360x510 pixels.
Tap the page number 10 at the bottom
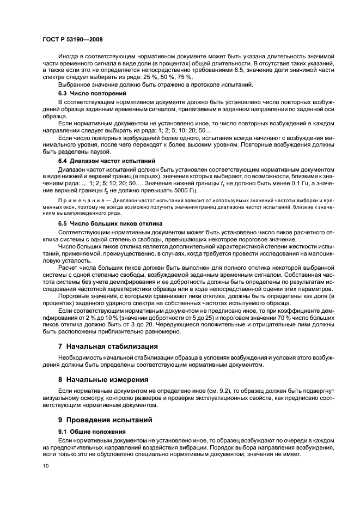tap(45, 466)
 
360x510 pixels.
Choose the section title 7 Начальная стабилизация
tap(108, 346)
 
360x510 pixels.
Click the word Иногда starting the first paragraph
tap(69, 57)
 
